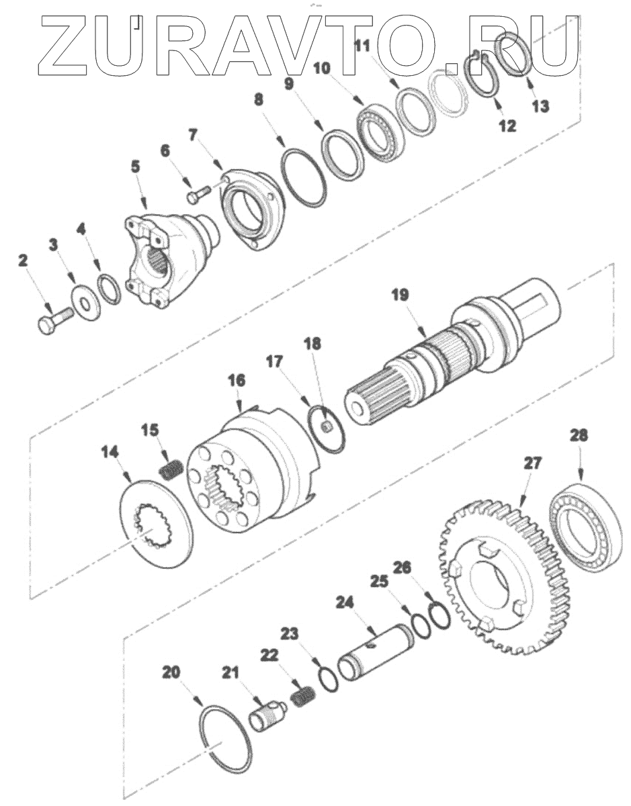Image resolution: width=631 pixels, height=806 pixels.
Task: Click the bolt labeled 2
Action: pyautogui.click(x=53, y=318)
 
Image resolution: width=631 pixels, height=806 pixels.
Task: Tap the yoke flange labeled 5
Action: pyautogui.click(x=168, y=258)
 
